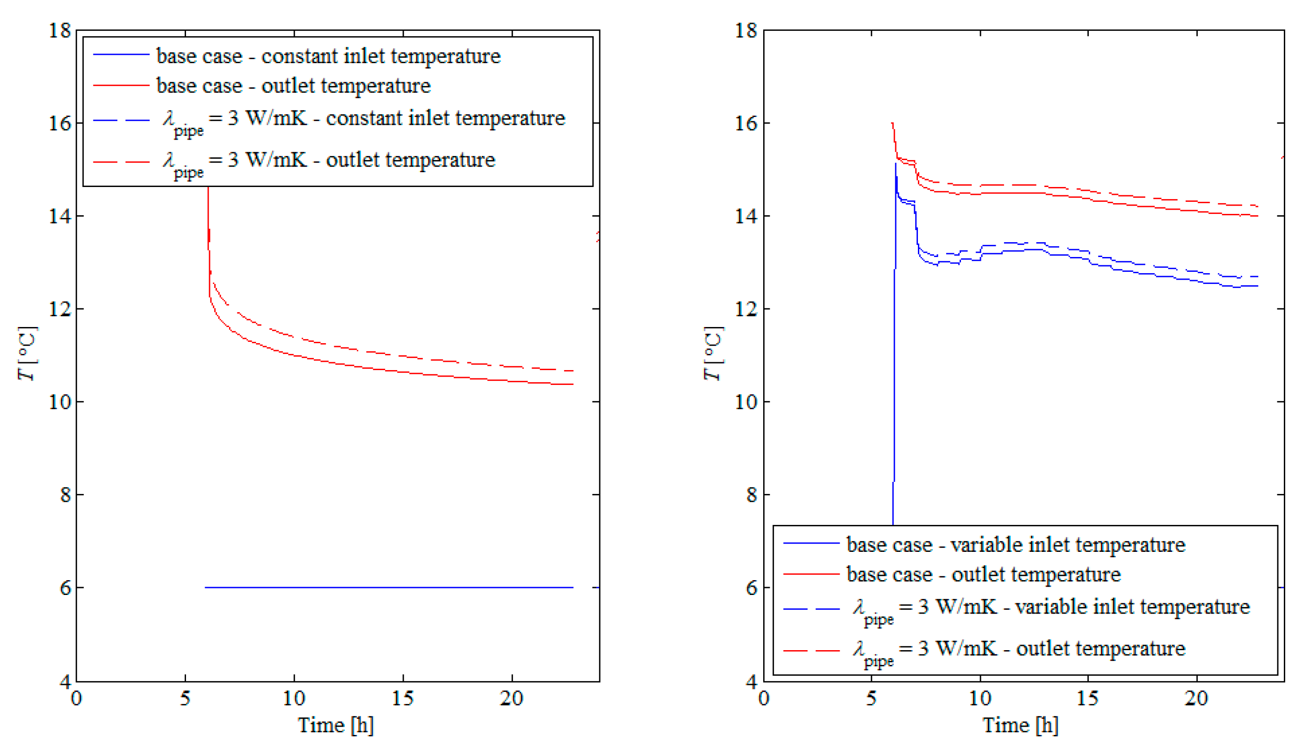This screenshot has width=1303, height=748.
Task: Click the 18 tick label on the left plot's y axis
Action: (60, 30)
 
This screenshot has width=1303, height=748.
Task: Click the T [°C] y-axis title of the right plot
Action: (713, 354)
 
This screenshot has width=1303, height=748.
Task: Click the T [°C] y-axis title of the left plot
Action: (27, 354)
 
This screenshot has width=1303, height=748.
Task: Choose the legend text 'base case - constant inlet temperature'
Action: (328, 56)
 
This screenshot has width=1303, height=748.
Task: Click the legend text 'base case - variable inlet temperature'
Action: (1016, 544)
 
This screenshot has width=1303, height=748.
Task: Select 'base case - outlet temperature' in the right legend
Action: (983, 574)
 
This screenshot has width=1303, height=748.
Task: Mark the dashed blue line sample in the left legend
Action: (121, 120)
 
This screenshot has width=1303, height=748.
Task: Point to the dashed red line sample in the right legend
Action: (811, 651)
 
